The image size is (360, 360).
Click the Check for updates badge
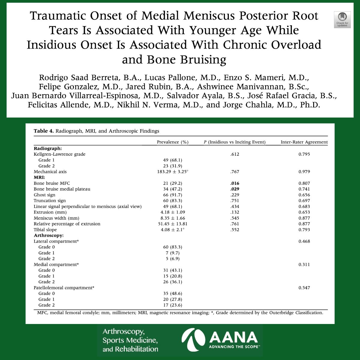coord(342,20)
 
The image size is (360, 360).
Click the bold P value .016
coord(235,183)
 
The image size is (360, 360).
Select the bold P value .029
coord(235,189)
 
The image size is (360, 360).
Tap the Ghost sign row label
coord(44,195)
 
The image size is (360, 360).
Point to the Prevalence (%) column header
coord(172,142)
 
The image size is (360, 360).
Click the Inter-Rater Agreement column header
coord(304,142)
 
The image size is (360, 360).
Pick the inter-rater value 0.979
coord(304,172)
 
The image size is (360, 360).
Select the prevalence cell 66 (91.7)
coord(172,195)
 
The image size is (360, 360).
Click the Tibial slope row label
coord(45,230)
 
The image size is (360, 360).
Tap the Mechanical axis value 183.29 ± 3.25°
coord(171,172)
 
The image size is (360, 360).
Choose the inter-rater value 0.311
coord(304,265)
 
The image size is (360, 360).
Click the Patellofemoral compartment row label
coord(64,288)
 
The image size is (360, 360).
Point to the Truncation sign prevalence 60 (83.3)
coord(172,201)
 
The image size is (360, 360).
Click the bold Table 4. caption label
coord(43,131)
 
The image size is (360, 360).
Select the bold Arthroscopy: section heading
coord(49,235)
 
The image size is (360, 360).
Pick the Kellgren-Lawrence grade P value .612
coord(235,154)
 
